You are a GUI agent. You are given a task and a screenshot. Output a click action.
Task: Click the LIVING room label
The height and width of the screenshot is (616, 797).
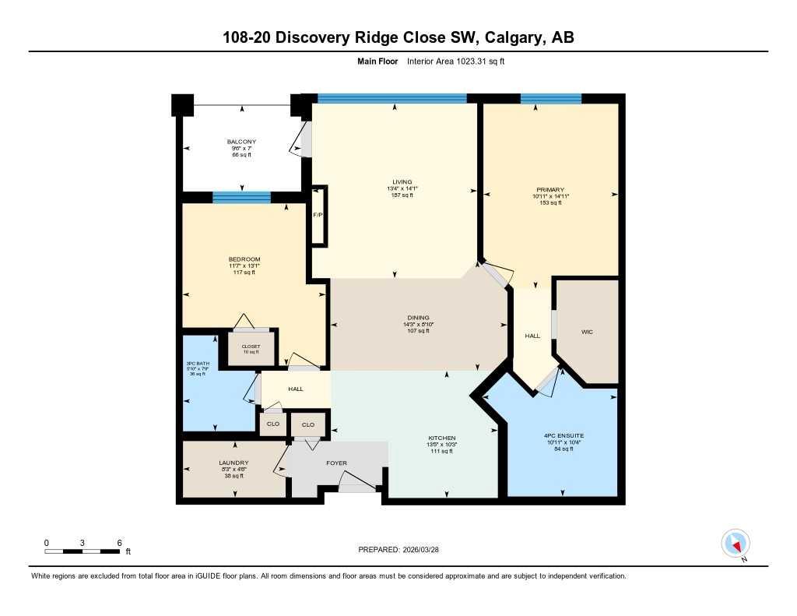tap(402, 182)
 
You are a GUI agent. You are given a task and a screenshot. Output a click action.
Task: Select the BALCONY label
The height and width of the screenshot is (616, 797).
tap(241, 142)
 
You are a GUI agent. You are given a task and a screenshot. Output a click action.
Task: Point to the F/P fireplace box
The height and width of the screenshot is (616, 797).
tap(318, 215)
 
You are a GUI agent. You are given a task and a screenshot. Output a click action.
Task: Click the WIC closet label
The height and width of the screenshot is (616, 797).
tap(587, 332)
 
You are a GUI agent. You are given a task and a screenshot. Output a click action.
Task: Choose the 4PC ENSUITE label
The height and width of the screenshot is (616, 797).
tap(564, 436)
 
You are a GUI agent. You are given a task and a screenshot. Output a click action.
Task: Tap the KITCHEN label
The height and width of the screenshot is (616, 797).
tap(441, 438)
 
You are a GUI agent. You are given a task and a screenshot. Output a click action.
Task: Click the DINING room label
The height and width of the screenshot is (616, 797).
tap(418, 318)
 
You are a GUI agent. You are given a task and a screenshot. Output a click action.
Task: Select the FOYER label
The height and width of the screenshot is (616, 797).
tap(336, 463)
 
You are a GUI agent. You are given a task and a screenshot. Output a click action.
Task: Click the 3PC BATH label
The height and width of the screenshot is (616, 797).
tap(197, 363)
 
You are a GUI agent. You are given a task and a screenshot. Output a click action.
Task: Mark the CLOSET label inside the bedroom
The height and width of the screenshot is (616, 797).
tap(251, 347)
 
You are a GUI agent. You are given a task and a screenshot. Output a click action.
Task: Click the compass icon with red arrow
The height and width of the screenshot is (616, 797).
tap(736, 543)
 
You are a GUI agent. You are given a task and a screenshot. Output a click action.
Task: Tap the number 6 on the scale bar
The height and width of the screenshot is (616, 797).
tap(118, 542)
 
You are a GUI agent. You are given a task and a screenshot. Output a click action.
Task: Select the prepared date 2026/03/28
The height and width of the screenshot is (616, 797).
tap(427, 550)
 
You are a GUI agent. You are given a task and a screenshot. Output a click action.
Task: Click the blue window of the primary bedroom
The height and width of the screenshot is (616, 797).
tap(551, 98)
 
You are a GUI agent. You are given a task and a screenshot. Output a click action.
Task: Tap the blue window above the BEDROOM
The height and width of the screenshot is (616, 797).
tap(241, 198)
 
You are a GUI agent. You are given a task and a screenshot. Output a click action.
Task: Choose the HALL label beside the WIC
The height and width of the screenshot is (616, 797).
tap(532, 336)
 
